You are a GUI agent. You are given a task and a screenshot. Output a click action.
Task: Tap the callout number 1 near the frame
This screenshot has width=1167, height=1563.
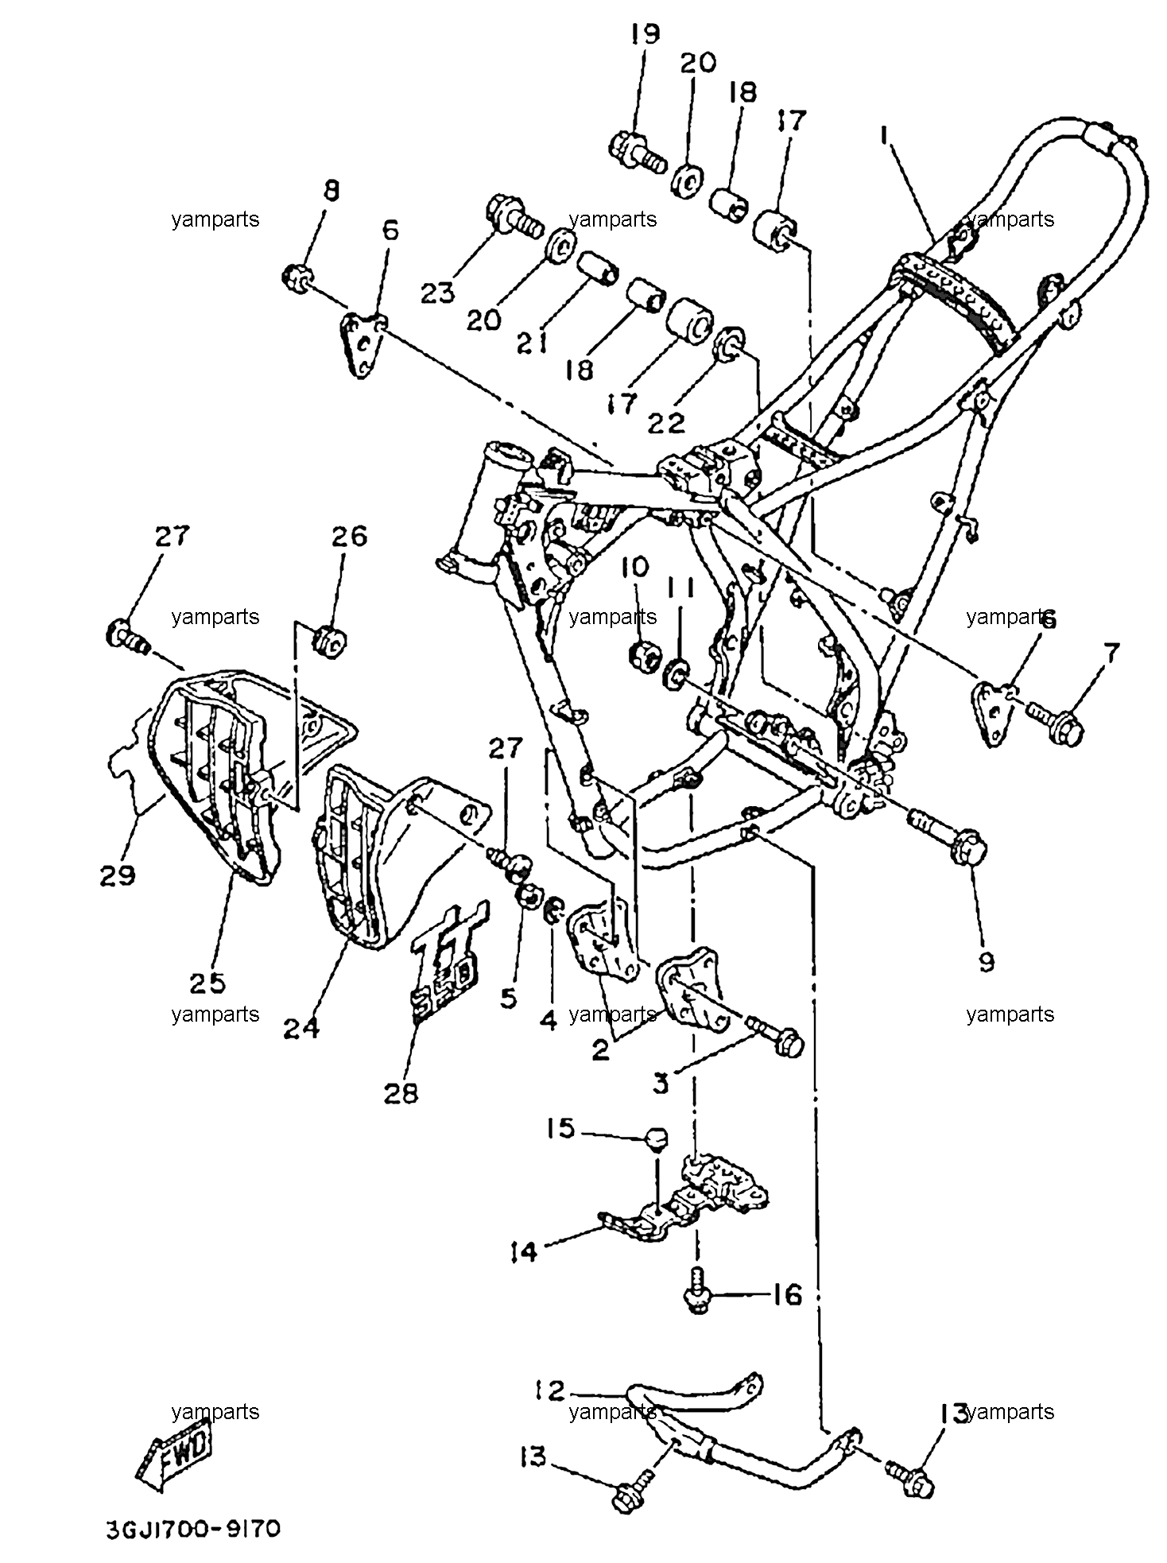(x=884, y=137)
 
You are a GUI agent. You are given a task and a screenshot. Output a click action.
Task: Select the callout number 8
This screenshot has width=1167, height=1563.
(x=331, y=192)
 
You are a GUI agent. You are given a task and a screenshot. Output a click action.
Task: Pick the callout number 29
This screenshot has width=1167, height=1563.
(x=118, y=875)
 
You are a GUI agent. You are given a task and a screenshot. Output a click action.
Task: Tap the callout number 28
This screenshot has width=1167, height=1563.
(x=401, y=1094)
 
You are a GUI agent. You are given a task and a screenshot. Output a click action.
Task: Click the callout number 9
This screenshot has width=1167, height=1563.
(x=986, y=963)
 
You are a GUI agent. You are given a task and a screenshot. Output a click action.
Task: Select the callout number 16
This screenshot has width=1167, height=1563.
(x=787, y=1295)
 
